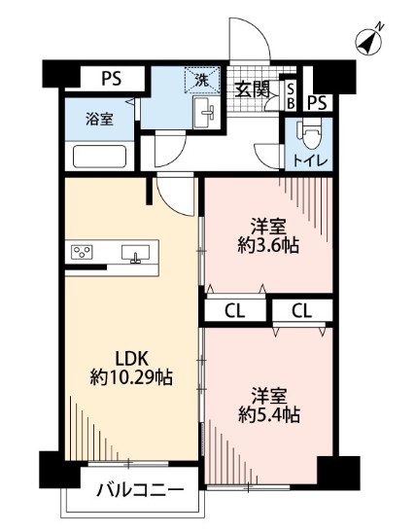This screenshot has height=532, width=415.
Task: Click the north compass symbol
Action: pyautogui.click(x=369, y=41)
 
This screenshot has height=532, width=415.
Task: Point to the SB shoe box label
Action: pyautogui.click(x=290, y=95)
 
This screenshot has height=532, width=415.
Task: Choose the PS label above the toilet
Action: pyautogui.click(x=317, y=102)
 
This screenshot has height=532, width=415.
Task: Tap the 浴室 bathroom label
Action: pyautogui.click(x=99, y=120)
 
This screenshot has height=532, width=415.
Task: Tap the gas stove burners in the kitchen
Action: pyautogui.click(x=82, y=254)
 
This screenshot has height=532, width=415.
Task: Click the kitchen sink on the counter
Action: pyautogui.click(x=135, y=254)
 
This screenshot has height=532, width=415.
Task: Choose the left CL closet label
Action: pyautogui.click(x=234, y=311)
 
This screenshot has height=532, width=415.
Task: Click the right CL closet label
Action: pyautogui.click(x=302, y=311)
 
